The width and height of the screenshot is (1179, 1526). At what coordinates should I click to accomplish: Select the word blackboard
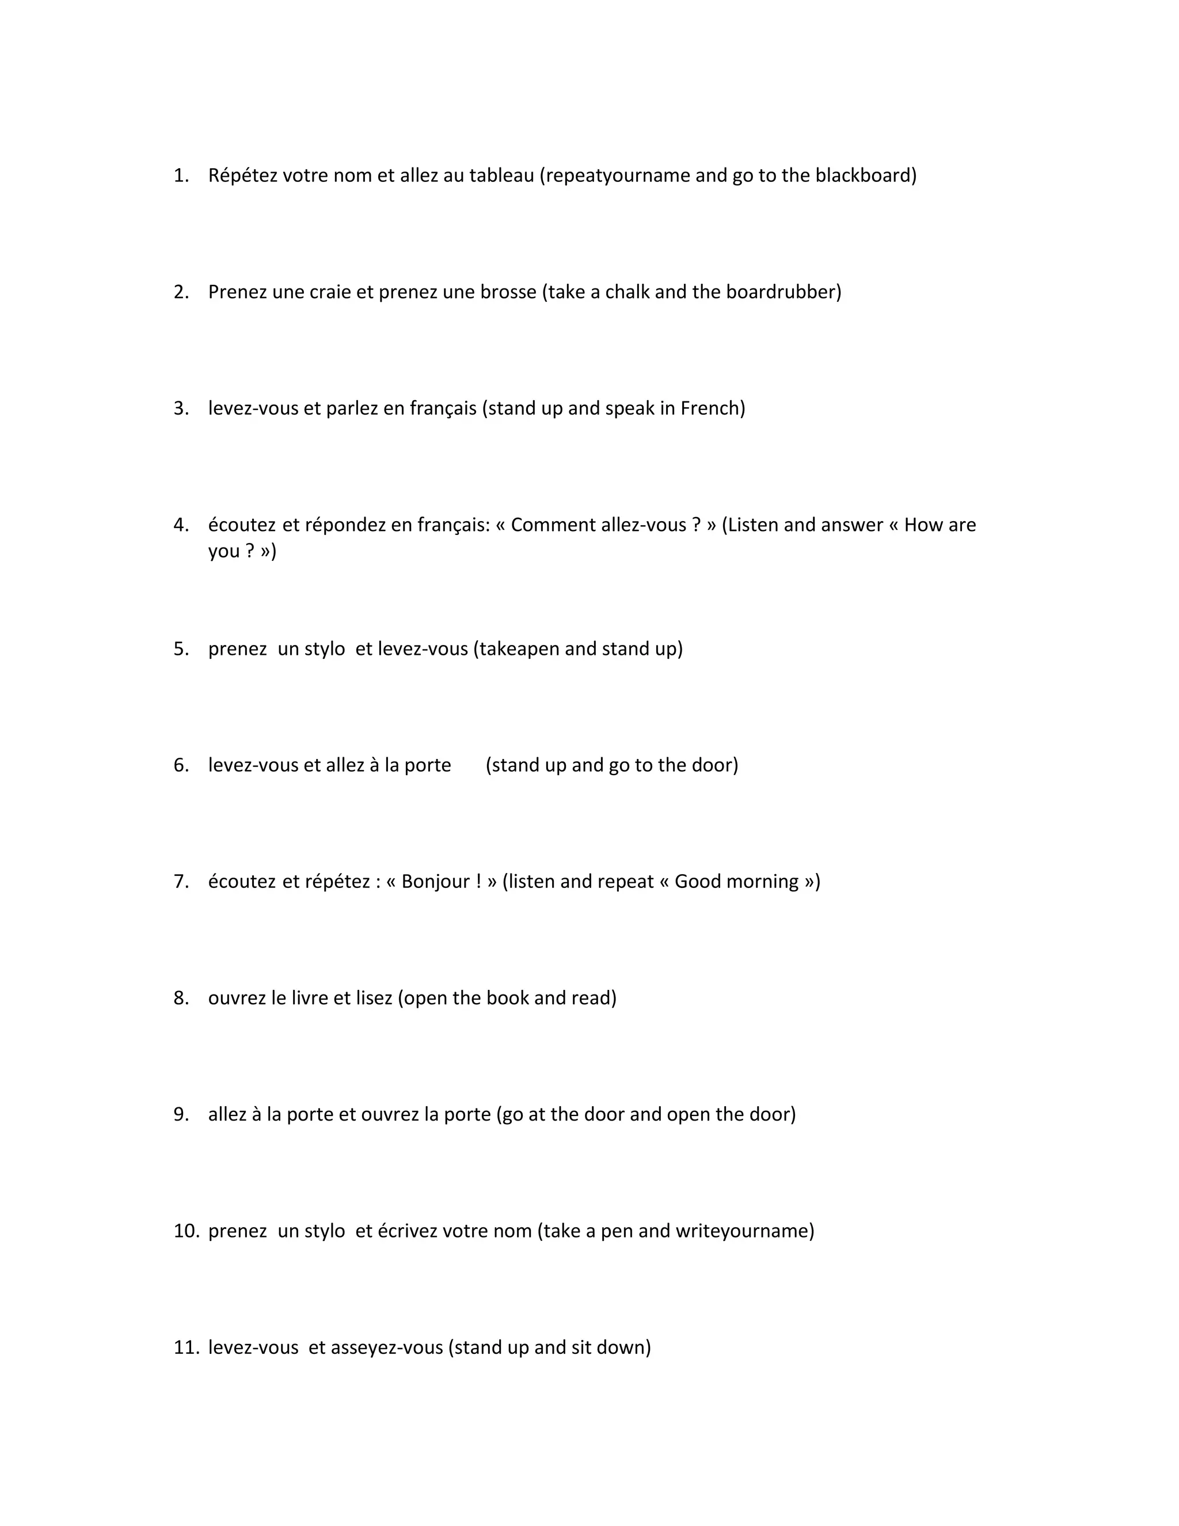pyautogui.click(x=864, y=176)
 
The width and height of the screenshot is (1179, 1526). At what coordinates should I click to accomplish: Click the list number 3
pyautogui.click(x=180, y=409)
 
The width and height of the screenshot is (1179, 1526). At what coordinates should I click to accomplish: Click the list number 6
pyautogui.click(x=180, y=766)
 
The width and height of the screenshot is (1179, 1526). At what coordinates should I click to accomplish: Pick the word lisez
pyautogui.click(x=374, y=999)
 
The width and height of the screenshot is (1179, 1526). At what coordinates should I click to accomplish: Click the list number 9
pyautogui.click(x=180, y=1114)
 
